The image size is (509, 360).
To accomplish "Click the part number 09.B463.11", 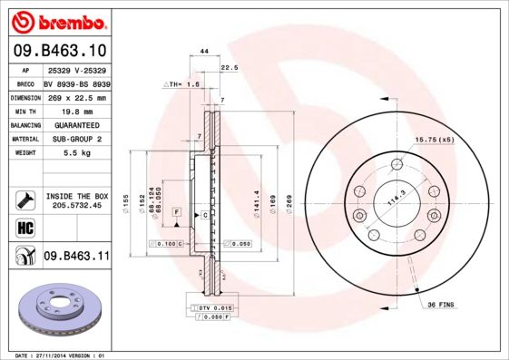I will coord(76,257).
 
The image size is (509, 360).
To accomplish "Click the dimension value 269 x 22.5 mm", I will coord(75,97).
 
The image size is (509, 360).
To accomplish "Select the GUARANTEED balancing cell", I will coord(75,125).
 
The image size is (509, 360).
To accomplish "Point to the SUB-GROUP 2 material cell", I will coord(75,139).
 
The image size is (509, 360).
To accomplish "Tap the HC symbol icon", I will coord(24,227).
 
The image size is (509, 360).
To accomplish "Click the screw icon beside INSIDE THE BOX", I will coord(24,199).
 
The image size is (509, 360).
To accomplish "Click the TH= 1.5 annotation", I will coord(181,83).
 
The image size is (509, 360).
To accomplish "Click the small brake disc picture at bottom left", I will coord(60,310).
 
